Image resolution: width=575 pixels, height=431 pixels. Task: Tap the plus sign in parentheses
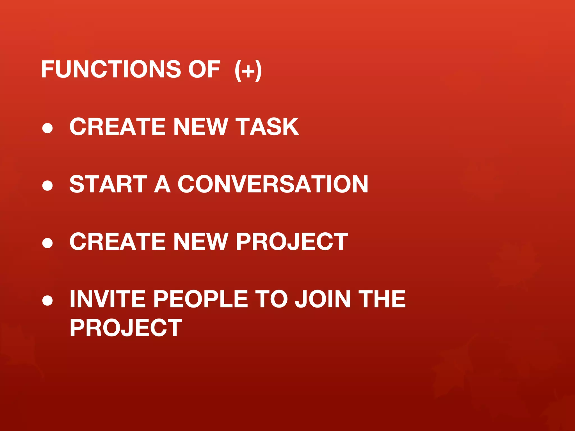point(248,70)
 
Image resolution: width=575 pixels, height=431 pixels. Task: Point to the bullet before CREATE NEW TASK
point(47,128)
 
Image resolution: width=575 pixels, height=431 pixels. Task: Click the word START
point(108,184)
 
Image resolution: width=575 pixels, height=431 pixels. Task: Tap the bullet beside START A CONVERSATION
point(47,185)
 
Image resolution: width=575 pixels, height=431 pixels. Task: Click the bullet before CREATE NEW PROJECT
point(47,242)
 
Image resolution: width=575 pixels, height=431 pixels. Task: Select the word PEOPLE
point(200,299)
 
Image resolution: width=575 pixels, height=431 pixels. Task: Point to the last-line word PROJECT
point(126,328)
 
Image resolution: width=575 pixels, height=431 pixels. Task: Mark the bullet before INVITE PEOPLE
point(47,300)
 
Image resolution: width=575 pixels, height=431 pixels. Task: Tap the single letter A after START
point(163,184)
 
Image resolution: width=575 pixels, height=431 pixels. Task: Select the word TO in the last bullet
point(271,299)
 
